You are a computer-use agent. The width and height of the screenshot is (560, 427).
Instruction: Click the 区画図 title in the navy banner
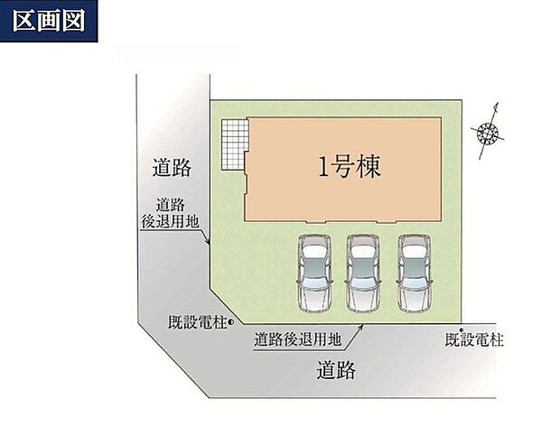[x=49, y=21]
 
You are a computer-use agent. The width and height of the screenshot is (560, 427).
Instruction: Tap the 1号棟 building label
[x=350, y=167]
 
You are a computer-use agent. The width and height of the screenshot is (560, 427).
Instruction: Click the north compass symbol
[x=488, y=132]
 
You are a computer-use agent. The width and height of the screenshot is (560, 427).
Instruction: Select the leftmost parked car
[x=314, y=274]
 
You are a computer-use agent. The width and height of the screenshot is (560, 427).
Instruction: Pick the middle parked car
[x=363, y=274]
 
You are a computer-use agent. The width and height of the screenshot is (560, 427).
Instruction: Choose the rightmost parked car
[x=415, y=274]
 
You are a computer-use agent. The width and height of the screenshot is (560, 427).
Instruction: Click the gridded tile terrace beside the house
[x=235, y=144]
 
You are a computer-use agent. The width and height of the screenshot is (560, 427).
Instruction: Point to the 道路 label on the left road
[x=172, y=167]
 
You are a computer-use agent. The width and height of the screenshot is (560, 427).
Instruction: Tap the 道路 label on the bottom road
[x=336, y=370]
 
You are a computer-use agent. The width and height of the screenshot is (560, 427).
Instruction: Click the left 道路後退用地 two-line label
[x=170, y=213]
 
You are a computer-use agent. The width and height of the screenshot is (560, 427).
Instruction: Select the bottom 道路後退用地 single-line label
[x=298, y=339]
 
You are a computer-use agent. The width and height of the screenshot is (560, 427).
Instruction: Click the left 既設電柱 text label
[x=198, y=322]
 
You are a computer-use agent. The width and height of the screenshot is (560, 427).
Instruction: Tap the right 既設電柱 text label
[x=474, y=339]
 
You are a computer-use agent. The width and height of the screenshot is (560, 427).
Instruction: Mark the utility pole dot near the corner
[x=230, y=322]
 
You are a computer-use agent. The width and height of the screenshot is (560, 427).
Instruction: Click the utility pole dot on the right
[x=461, y=330]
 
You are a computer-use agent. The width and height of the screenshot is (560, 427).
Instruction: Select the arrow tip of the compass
[x=497, y=103]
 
